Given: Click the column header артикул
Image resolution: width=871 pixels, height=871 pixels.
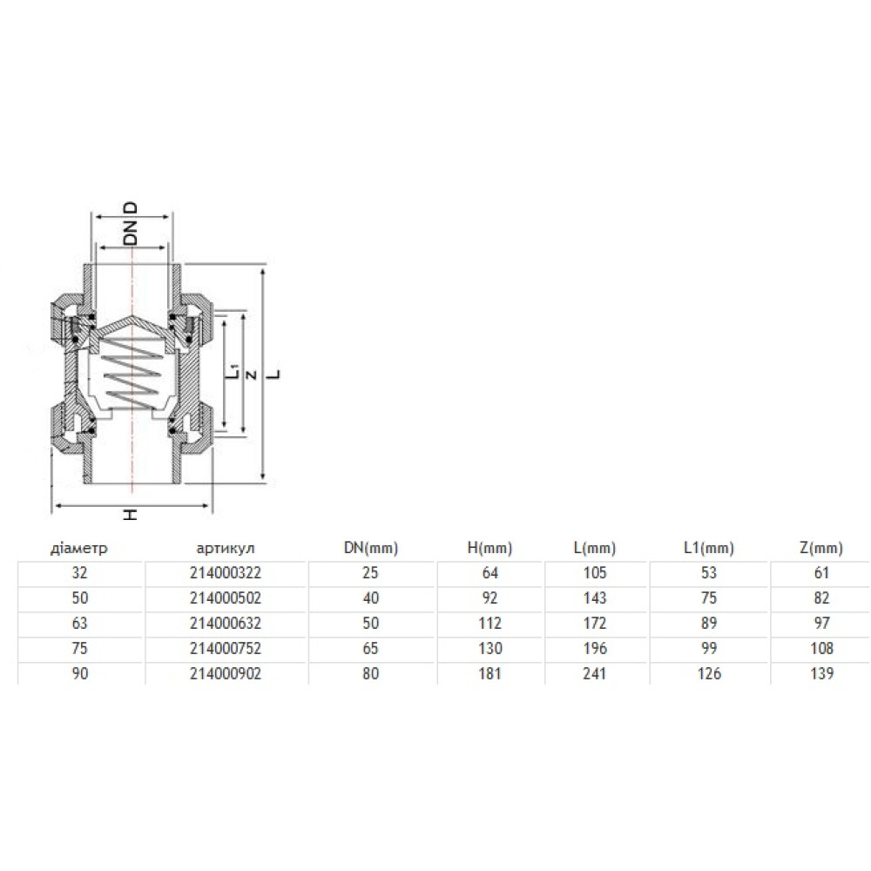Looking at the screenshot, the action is point(226,548).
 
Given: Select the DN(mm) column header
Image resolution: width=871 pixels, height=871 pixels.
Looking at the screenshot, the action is point(371,548).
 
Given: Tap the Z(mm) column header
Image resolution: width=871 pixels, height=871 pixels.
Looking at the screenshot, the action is point(821,548).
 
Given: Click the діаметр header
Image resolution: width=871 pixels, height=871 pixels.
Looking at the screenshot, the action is point(79,548).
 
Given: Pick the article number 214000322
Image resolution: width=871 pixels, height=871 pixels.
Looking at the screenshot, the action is point(226,573).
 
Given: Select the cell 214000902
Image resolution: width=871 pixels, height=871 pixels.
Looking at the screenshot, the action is point(226,674).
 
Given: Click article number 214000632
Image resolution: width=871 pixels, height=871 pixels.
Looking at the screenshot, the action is point(226,624).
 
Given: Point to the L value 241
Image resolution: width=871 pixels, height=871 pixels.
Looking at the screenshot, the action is point(595,674).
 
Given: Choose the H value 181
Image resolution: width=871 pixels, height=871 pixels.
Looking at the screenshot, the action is point(490,674).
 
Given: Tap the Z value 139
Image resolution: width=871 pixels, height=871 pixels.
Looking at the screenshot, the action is point(821,674).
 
